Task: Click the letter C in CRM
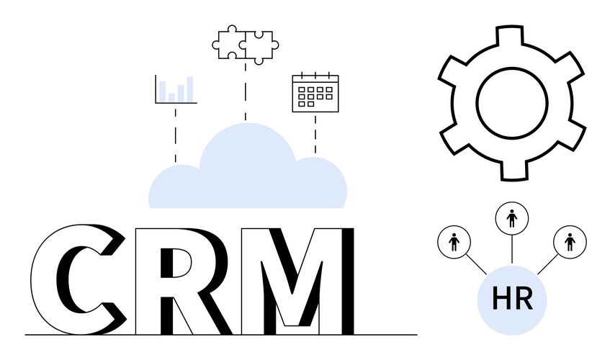(42, 280)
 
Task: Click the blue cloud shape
(248, 175)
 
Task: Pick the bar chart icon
(176, 89)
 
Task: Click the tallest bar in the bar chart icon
(190, 89)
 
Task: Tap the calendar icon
(315, 93)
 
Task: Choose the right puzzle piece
(260, 47)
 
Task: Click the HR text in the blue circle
(512, 299)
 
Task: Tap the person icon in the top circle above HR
(511, 218)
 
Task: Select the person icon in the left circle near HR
(454, 242)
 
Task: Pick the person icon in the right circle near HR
(570, 242)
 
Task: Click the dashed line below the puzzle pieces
(245, 91)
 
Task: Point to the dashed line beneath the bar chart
(176, 135)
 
